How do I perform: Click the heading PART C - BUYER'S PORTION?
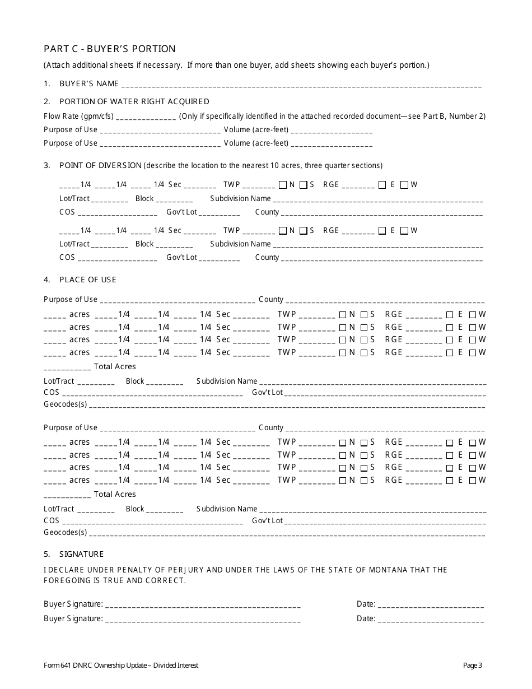(110, 49)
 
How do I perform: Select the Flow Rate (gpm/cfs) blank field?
(146, 118)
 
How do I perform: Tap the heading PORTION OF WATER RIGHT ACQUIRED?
(134, 101)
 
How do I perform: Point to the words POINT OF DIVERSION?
(100, 165)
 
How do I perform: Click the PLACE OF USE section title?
(88, 280)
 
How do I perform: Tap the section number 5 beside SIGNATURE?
(47, 554)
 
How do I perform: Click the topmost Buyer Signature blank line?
(203, 606)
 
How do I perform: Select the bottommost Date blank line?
(431, 620)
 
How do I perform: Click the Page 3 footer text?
(472, 665)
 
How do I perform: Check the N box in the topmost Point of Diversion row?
(283, 184)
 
